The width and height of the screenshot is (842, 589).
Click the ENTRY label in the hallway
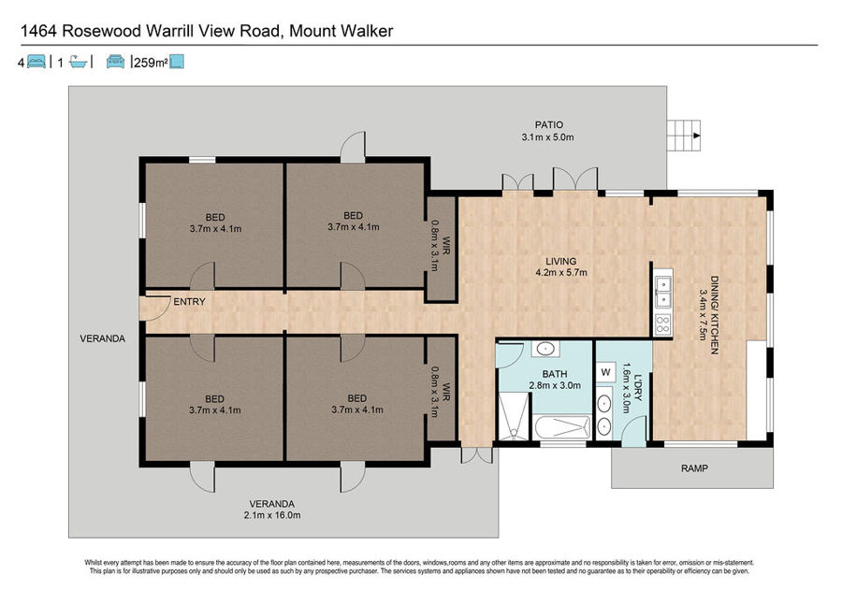click(x=189, y=302)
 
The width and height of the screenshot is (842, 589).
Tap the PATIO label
click(x=549, y=125)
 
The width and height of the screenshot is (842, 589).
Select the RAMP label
click(x=694, y=468)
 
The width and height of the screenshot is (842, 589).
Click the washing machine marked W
click(x=605, y=372)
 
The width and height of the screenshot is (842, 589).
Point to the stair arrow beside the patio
click(x=696, y=136)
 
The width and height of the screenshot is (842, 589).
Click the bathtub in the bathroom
click(x=562, y=427)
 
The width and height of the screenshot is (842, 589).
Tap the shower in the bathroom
click(x=514, y=417)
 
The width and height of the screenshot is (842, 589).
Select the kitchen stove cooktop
click(x=663, y=323)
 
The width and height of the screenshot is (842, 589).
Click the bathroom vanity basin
click(x=545, y=350)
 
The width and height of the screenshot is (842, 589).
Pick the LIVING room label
click(x=561, y=261)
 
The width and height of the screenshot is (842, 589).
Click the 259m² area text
click(x=151, y=63)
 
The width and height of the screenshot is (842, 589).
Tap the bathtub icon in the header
click(x=79, y=62)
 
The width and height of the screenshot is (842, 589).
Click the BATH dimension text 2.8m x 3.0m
click(x=555, y=385)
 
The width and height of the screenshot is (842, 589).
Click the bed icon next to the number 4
click(x=36, y=62)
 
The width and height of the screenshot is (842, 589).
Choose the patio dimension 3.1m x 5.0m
click(x=547, y=137)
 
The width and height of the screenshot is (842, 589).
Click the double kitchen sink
click(x=663, y=292)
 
